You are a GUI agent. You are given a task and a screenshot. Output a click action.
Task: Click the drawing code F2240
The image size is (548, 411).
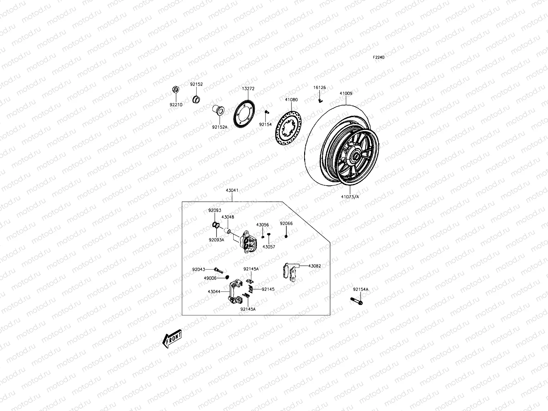[x=378, y=58]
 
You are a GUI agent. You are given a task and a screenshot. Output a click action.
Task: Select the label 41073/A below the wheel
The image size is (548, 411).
[x=350, y=197]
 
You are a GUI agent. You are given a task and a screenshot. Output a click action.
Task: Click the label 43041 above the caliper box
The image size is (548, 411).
[x=232, y=190]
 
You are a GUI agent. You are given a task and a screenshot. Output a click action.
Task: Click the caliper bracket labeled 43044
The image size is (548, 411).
[x=236, y=290]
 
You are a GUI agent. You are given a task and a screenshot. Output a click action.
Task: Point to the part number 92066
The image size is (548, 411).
[x=286, y=223]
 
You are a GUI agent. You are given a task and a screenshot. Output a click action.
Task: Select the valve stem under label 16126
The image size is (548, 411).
[x=320, y=100]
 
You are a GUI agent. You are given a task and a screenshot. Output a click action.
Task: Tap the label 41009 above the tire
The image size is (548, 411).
[x=346, y=93]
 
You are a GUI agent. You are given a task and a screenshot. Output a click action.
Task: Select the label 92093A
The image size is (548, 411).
[x=216, y=240]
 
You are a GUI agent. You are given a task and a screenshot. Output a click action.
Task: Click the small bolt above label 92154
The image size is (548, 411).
[x=266, y=112]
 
